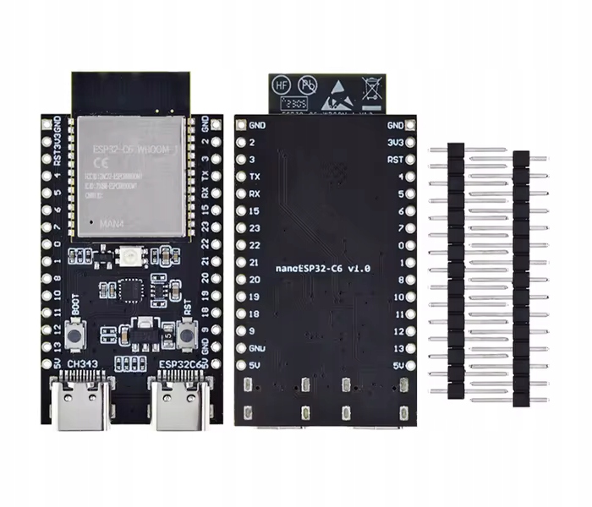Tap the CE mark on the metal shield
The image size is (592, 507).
click(x=97, y=162)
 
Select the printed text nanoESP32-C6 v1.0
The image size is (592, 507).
click(x=324, y=267)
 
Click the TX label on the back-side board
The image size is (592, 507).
click(x=255, y=177)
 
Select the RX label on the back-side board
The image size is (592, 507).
click(x=255, y=194)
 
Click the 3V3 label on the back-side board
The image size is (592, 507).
click(x=394, y=142)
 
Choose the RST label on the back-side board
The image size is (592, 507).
click(x=394, y=159)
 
